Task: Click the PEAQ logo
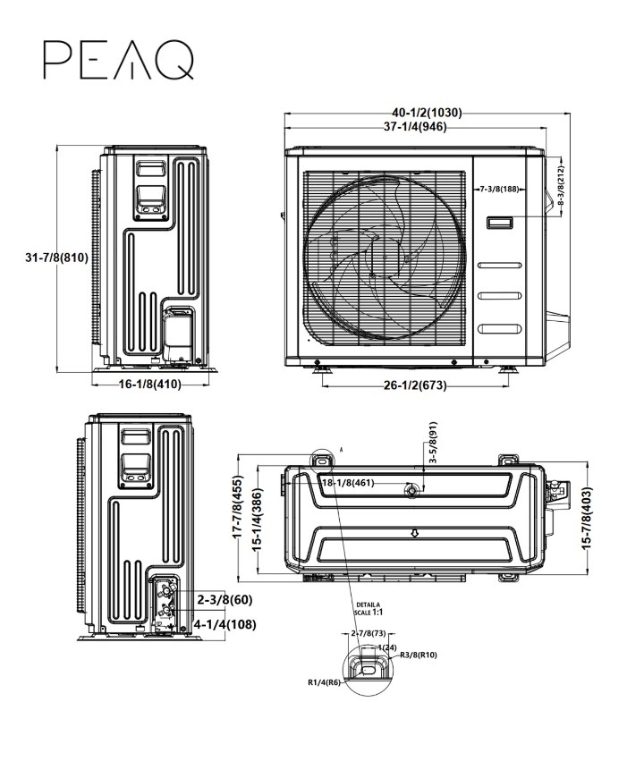[118, 59]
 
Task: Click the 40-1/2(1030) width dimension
[426, 114]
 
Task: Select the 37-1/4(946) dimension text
[415, 127]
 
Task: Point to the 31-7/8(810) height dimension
[55, 258]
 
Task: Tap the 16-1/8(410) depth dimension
[149, 385]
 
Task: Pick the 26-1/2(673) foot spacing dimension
[414, 385]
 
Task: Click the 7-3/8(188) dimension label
[500, 190]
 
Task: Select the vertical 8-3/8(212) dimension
[561, 186]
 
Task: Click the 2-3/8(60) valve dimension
[225, 598]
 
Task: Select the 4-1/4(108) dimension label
[225, 623]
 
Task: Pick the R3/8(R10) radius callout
[417, 655]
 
